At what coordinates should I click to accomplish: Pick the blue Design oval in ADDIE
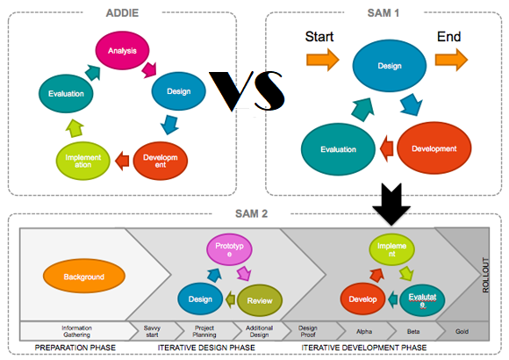coord(178,90)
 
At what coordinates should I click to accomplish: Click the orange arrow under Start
coord(321,59)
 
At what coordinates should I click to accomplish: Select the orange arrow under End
coord(452,59)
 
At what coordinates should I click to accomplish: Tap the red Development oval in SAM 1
coord(434,148)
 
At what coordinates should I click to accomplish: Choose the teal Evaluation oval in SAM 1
coord(338,149)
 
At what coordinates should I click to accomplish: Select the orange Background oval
coord(84,277)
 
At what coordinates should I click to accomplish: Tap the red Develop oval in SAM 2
coord(363,299)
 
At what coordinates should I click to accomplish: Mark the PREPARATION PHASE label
coord(75,349)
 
